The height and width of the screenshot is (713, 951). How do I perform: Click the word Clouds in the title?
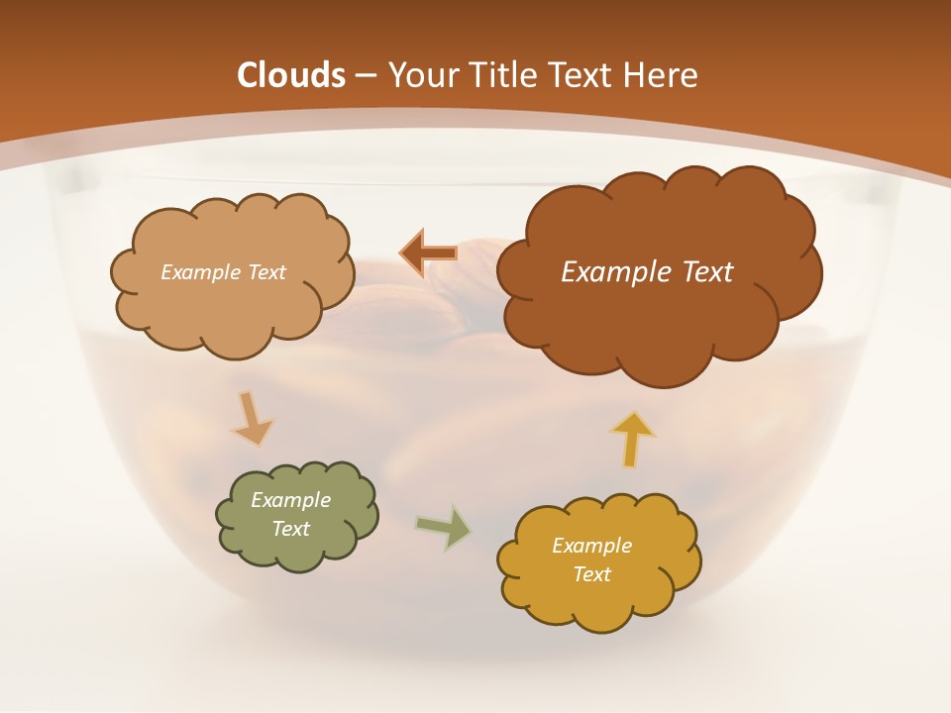point(291,75)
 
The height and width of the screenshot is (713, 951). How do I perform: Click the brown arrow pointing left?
point(428,254)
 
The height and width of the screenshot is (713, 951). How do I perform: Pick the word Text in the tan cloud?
point(266,272)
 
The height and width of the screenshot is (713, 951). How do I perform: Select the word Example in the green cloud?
point(291,500)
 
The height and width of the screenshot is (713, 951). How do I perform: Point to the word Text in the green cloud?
point(291,529)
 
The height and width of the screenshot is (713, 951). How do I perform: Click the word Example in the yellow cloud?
point(591,546)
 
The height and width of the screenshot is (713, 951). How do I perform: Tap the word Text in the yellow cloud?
point(591,574)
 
